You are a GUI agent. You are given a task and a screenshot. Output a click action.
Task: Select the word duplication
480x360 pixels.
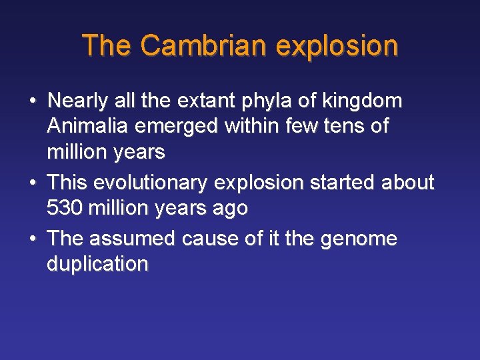(97, 264)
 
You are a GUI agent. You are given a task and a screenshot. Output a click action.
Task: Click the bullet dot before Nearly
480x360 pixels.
(32, 102)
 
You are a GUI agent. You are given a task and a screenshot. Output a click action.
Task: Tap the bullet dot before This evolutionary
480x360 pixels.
(32, 183)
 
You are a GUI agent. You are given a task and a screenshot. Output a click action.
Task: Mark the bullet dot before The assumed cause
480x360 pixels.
(32, 239)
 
